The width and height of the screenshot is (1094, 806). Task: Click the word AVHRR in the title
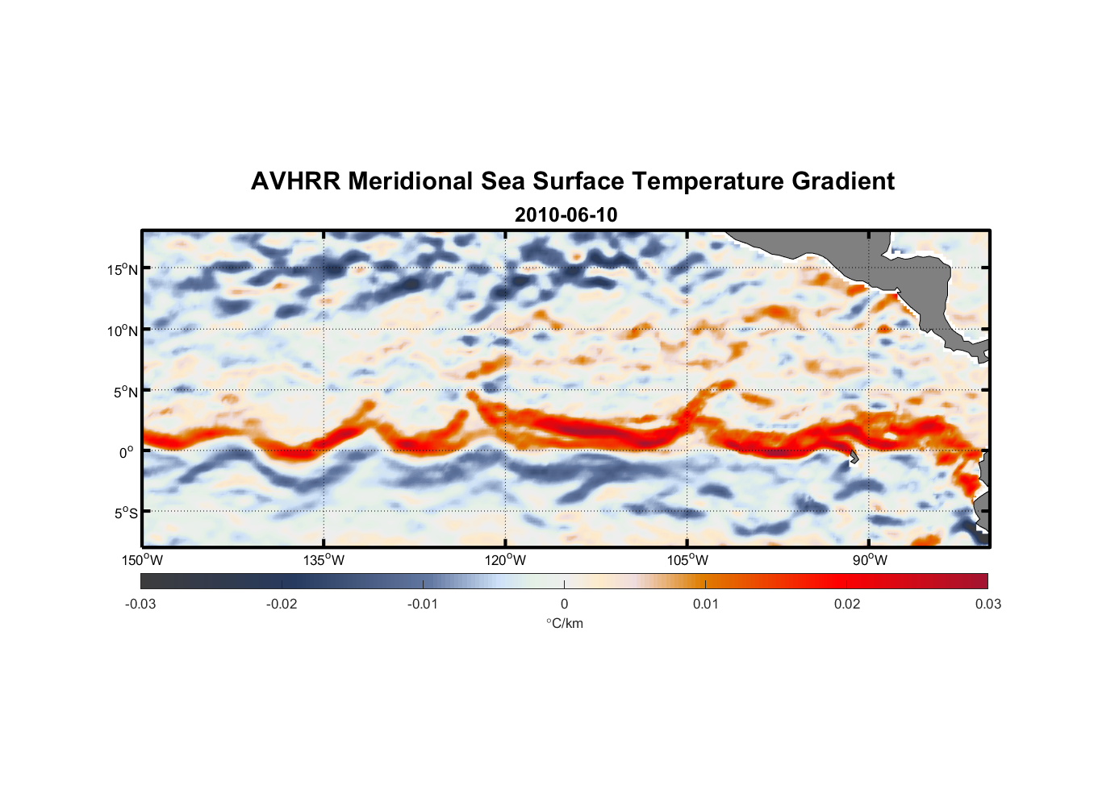(x=295, y=181)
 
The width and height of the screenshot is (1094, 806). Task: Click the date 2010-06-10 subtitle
(x=566, y=215)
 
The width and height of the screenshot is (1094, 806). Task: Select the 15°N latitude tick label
(x=123, y=269)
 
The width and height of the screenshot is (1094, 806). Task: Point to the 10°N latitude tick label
(x=123, y=330)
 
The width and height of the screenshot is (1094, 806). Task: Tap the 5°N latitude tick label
(x=125, y=392)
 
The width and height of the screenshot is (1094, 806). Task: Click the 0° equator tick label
(x=127, y=452)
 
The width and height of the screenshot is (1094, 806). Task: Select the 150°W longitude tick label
(x=143, y=560)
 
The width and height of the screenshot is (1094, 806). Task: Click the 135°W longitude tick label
(x=324, y=560)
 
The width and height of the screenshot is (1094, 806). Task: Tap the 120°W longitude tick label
(x=506, y=560)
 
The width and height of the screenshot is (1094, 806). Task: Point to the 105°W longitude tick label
(x=687, y=560)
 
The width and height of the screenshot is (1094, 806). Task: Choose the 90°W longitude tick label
(x=869, y=560)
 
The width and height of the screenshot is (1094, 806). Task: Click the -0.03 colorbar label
(x=140, y=604)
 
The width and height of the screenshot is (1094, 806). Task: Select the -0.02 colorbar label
(x=282, y=604)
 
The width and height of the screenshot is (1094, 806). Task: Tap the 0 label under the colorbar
(x=564, y=604)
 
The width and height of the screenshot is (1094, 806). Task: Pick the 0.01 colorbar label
(x=705, y=604)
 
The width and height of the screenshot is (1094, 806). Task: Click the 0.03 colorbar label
(x=988, y=604)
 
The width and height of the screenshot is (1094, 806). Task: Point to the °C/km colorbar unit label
(x=564, y=623)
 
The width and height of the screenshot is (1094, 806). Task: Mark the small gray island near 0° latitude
(x=854, y=458)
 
